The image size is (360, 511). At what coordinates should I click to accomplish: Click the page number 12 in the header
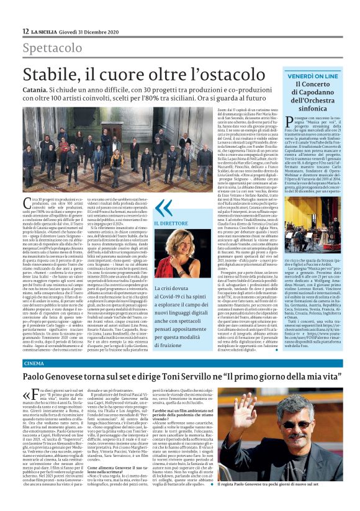(25, 31)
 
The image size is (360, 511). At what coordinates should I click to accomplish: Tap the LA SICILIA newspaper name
(46, 31)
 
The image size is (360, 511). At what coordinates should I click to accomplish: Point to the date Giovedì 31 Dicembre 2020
(93, 31)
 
